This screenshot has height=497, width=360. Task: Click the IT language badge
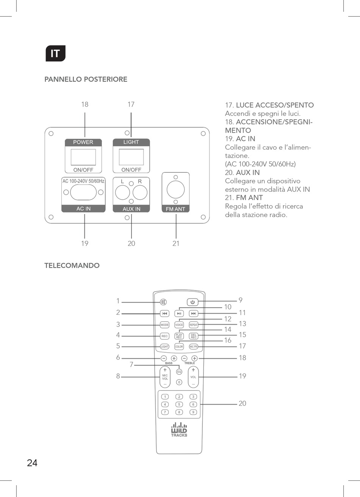click(x=55, y=53)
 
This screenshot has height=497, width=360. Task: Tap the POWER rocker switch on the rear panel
click(x=83, y=157)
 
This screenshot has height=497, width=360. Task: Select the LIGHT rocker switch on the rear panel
click(x=131, y=157)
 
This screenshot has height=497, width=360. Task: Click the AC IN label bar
click(x=83, y=209)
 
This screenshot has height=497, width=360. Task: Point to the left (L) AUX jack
click(x=122, y=193)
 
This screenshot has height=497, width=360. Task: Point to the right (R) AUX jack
click(x=140, y=193)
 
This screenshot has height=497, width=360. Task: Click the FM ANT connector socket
click(x=175, y=189)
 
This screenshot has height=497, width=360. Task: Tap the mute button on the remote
click(x=163, y=302)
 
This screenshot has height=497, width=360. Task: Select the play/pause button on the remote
click(x=179, y=314)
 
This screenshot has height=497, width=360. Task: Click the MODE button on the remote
click(x=164, y=325)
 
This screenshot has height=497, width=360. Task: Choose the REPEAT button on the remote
click(x=194, y=325)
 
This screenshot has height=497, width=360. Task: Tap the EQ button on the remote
click(x=179, y=372)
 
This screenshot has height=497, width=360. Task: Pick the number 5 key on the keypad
click(x=179, y=404)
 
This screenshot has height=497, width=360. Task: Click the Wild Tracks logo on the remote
click(x=179, y=430)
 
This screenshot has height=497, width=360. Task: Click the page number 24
click(x=32, y=463)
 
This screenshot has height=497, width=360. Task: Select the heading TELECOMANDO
click(x=72, y=266)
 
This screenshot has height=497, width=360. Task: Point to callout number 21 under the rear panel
click(x=176, y=244)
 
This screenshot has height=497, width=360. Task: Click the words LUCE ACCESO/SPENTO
click(x=275, y=105)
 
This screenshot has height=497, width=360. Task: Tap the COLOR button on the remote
click(x=179, y=347)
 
